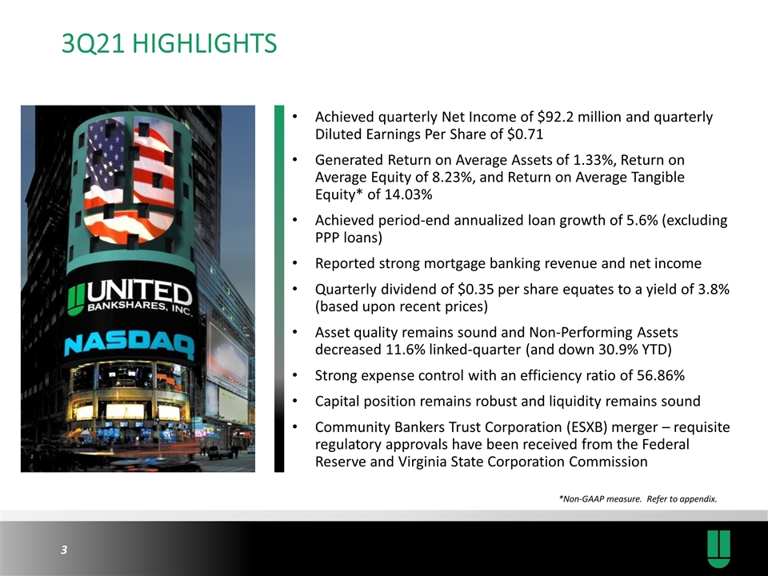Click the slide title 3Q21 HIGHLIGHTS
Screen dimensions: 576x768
(170, 43)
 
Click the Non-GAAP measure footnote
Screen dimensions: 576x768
(638, 499)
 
